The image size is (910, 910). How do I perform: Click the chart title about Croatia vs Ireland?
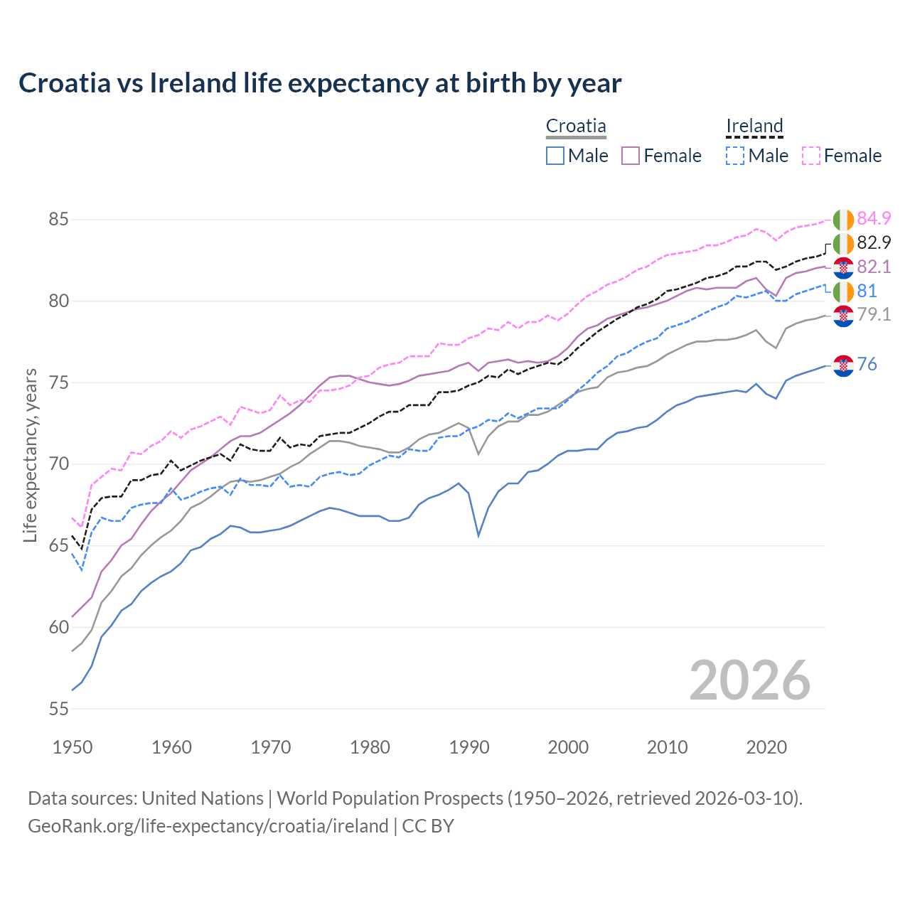pos(320,83)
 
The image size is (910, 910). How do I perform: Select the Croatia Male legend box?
pos(555,156)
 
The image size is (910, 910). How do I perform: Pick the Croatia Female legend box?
pos(631,156)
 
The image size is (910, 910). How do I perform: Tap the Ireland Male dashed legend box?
pos(735,156)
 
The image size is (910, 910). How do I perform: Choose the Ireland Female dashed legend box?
pos(811,156)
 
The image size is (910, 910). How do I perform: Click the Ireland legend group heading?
pos(754,127)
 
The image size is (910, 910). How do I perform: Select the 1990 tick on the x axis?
pos(469,747)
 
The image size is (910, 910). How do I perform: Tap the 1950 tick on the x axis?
pos(73,747)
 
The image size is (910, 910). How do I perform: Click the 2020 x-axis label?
pos(766,747)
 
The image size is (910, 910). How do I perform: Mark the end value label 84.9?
pos(874,218)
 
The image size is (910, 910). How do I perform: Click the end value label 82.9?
pos(874,242)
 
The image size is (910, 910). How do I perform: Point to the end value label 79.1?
pos(874,314)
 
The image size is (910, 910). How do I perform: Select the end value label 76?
pos(867,364)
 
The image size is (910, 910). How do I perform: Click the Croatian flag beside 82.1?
pos(843,267)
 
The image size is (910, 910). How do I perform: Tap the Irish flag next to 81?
pos(843,291)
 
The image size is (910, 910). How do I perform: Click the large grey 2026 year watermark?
pos(750,680)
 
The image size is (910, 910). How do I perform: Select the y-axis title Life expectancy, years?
pos(31,455)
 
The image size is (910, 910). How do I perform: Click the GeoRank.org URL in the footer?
pos(208,826)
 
